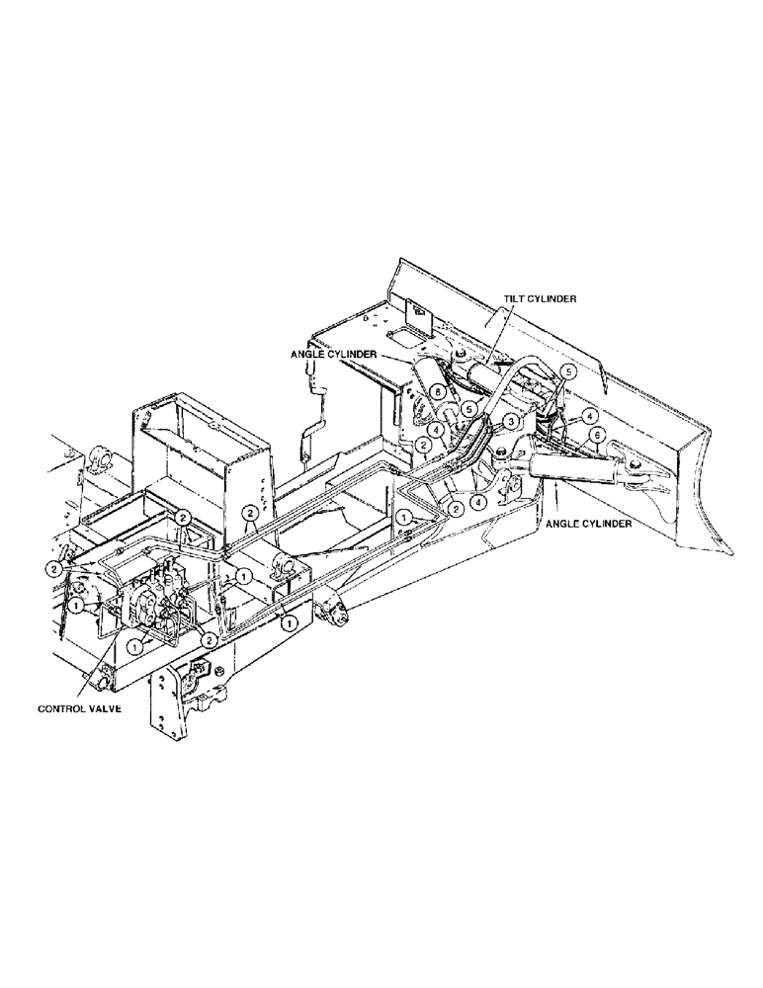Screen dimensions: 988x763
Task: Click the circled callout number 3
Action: tap(510, 420)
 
